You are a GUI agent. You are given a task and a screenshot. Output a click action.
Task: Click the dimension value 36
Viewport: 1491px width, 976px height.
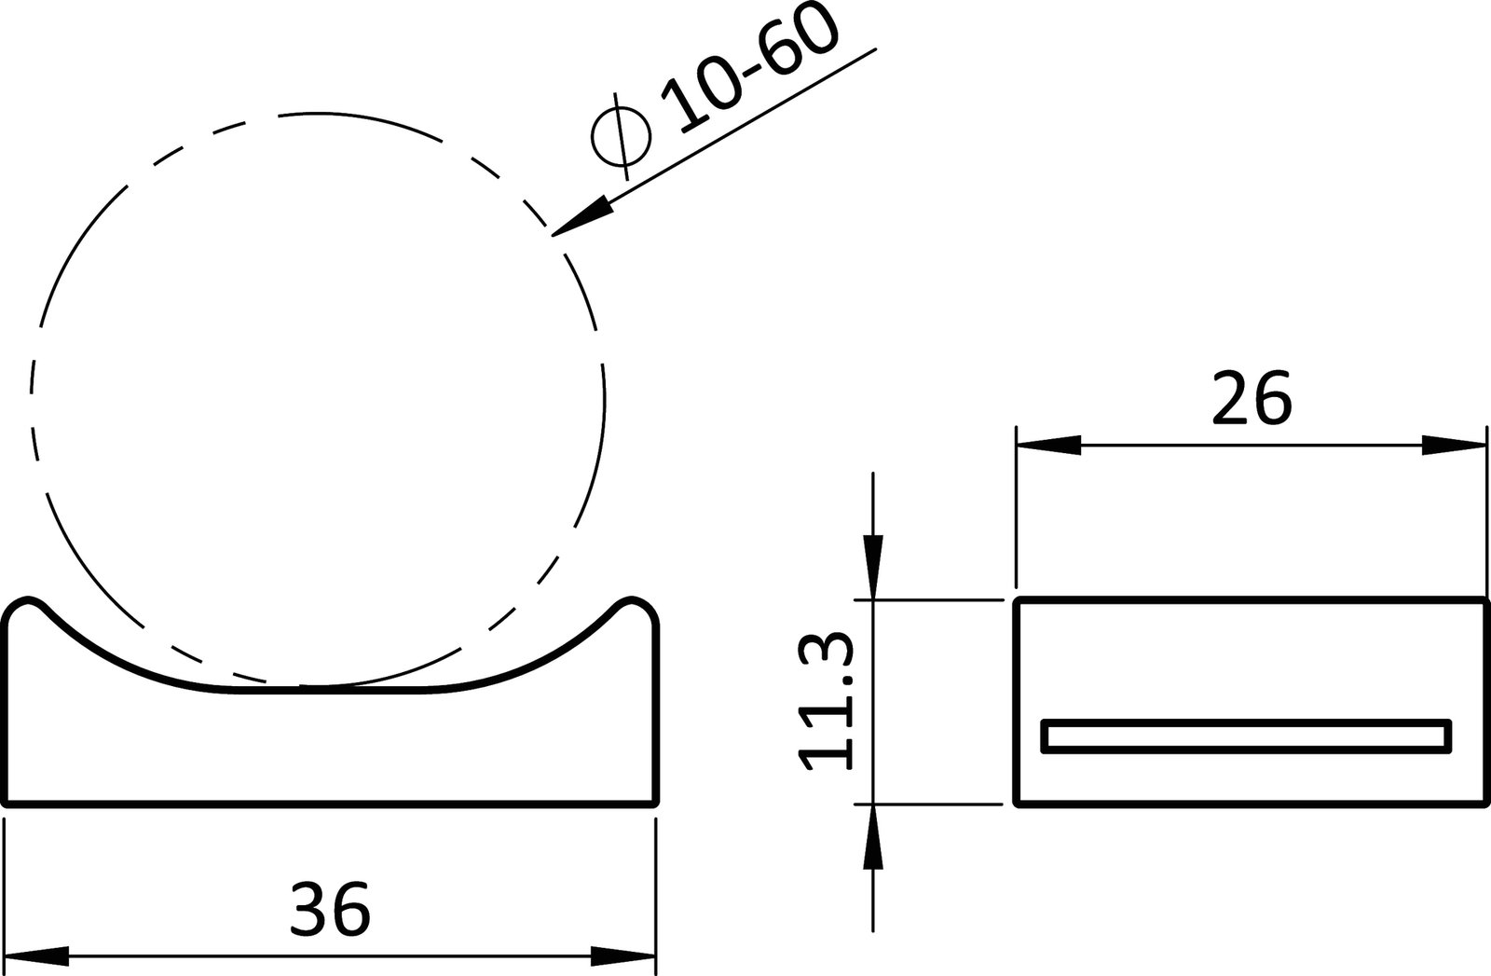pos(330,910)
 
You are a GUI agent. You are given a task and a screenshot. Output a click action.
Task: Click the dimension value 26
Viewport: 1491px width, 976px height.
pos(1251,399)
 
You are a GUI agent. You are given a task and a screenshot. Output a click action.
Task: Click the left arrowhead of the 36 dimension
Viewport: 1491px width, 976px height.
pos(37,955)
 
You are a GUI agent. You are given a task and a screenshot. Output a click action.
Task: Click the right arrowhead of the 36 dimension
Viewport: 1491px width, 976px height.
pos(624,955)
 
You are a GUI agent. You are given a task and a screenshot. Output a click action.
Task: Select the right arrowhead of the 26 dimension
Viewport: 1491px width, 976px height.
pos(1454,446)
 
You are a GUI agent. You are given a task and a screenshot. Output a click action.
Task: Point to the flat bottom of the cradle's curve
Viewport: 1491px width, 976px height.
pos(331,691)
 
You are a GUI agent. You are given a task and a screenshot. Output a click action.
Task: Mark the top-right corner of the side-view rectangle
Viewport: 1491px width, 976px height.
pos(1483,599)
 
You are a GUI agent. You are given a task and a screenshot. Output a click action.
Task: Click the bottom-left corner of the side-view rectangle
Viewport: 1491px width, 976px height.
pos(1016,803)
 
